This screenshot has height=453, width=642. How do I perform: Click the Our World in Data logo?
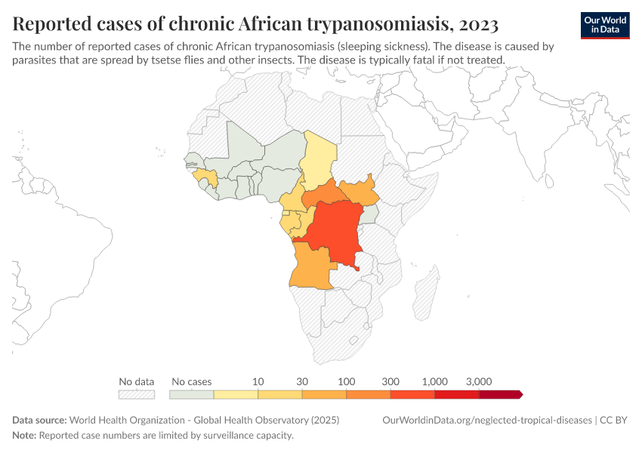604,25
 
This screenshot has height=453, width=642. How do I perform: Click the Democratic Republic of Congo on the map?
336,234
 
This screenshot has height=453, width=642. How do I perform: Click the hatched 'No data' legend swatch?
137,394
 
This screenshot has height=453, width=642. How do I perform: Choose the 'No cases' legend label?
192,381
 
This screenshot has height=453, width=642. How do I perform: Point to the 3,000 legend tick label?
479,381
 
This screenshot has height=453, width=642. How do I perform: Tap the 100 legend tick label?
346,381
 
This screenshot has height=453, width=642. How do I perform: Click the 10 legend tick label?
258,381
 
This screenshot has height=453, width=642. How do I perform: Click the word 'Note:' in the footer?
24,436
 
